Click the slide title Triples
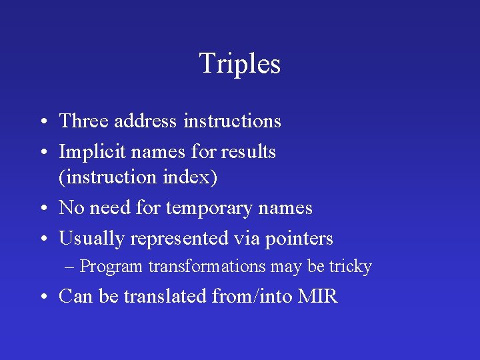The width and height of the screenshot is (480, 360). [239, 64]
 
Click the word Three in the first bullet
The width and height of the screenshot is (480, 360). [84, 121]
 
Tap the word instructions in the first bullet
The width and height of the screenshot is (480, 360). [232, 121]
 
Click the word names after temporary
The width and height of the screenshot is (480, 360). [283, 209]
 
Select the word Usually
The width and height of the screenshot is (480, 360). [92, 239]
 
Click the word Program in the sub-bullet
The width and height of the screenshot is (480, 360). [111, 267]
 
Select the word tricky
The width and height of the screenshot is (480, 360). [350, 267]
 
